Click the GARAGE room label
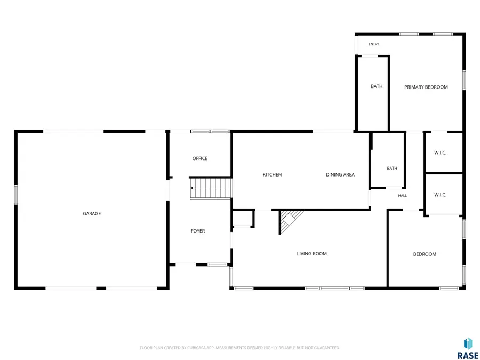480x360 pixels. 92,214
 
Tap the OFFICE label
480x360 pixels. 200,158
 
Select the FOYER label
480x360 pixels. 198,231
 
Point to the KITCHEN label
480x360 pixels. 272,174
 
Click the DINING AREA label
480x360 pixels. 340,174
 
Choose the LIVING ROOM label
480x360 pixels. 311,253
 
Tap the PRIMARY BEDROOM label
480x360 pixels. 426,87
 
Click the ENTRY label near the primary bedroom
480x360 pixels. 374,44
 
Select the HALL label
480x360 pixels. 403,196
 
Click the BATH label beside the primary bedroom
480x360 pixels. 377,86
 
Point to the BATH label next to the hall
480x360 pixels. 392,168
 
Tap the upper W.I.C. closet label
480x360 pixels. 440,153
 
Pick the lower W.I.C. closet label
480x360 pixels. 440,195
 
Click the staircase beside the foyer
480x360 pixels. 211,188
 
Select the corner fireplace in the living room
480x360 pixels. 289,221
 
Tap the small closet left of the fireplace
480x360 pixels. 243,218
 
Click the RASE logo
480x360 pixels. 468,348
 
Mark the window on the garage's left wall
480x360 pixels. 16,194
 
